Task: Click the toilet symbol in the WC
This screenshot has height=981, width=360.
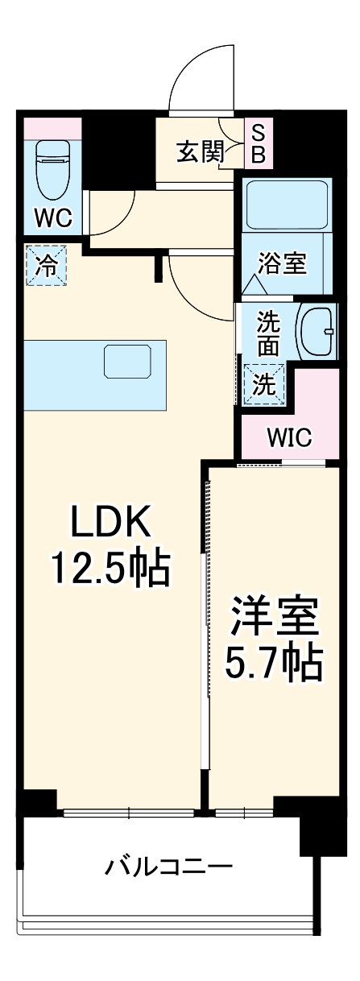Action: coord(52,171)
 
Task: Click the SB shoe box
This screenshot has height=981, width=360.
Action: coord(259,143)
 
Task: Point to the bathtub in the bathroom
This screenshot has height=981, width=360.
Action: coord(287,204)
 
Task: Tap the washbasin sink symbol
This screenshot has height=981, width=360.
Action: coord(317,331)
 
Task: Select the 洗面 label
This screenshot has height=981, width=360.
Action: coord(267,335)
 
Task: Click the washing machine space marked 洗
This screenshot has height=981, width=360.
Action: coord(264,384)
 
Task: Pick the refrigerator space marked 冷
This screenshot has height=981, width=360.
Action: coord(46,266)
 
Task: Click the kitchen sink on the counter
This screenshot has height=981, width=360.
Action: coord(128,361)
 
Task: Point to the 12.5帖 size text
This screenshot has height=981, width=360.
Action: coord(110,569)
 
